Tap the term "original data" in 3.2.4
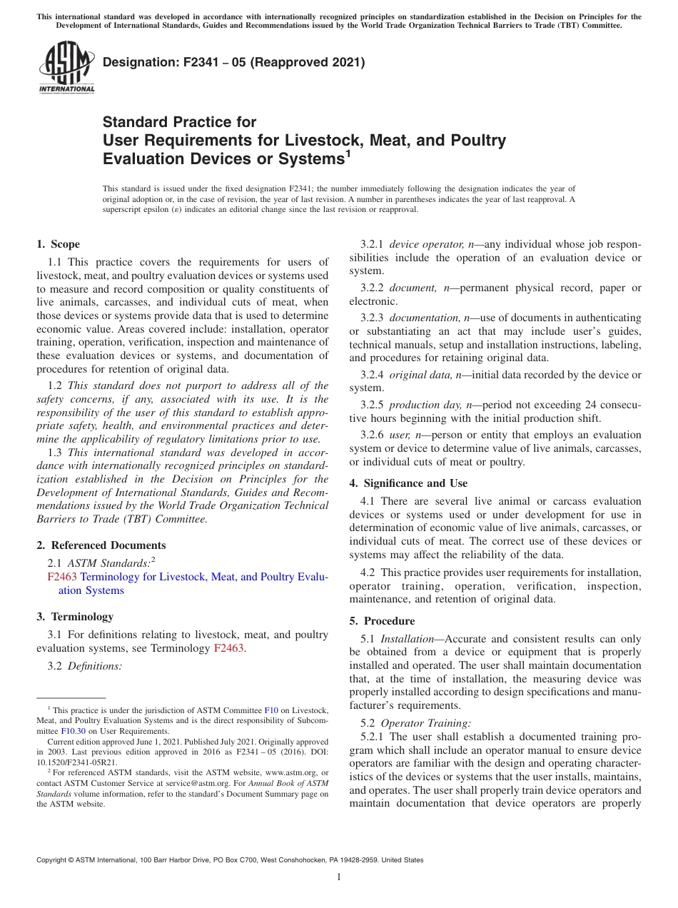click(x=420, y=375)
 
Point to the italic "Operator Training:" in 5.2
click(x=425, y=722)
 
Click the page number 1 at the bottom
click(x=339, y=877)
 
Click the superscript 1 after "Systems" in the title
click(x=348, y=152)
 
